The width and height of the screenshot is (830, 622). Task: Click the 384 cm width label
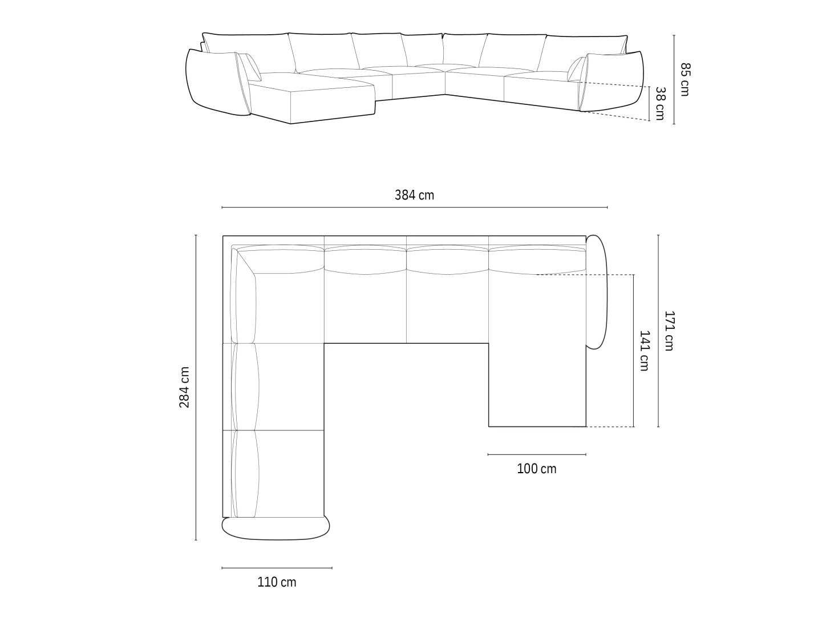pyautogui.click(x=414, y=195)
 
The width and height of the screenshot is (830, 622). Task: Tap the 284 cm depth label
pyautogui.click(x=185, y=387)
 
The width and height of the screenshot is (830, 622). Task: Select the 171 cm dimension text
pyautogui.click(x=669, y=331)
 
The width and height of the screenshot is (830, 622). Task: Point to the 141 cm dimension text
pyautogui.click(x=644, y=351)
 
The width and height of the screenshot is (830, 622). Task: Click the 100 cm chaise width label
pyautogui.click(x=536, y=469)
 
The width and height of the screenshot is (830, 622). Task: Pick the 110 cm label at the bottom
pyautogui.click(x=277, y=582)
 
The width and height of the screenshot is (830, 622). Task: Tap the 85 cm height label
pyautogui.click(x=685, y=79)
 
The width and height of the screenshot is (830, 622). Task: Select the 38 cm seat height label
pyautogui.click(x=660, y=103)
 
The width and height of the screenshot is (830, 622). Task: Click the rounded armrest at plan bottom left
pyautogui.click(x=276, y=528)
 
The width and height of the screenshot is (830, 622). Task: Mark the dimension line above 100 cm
pyautogui.click(x=536, y=454)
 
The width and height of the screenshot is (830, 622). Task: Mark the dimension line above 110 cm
pyautogui.click(x=277, y=568)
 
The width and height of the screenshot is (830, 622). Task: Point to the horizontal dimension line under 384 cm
pyautogui.click(x=414, y=208)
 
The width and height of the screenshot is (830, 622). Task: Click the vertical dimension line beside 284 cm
pyautogui.click(x=196, y=387)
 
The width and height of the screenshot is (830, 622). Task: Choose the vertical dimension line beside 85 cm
pyautogui.click(x=674, y=79)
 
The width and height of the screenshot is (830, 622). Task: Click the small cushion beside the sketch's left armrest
pyautogui.click(x=250, y=67)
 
